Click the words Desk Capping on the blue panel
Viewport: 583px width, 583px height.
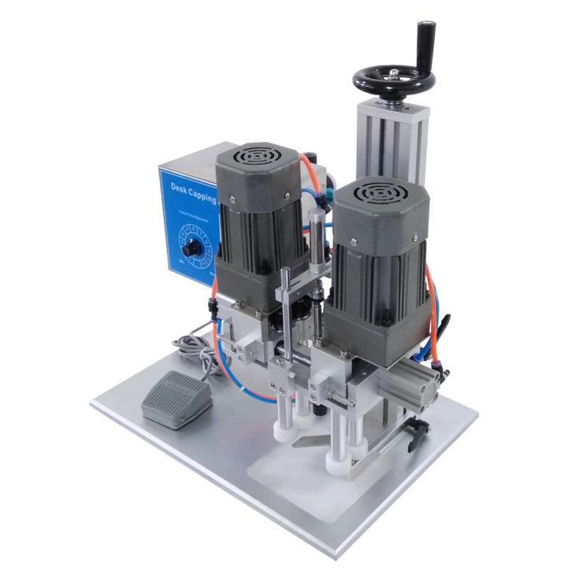[192, 190]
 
